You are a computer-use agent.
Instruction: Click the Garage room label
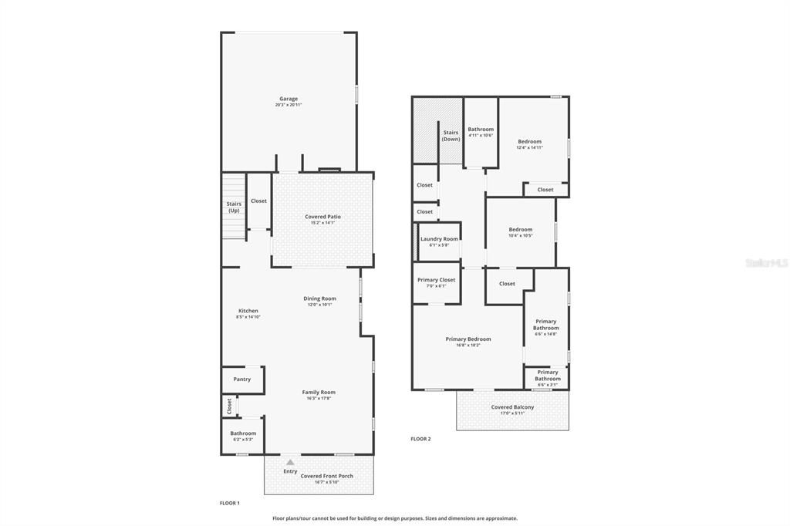coord(289,99)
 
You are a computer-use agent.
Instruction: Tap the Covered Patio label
coord(322,217)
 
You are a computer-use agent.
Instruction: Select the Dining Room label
coord(319,299)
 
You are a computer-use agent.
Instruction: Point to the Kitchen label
coord(248,312)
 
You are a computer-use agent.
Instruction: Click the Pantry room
coord(242,379)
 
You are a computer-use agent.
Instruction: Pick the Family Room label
coord(319,393)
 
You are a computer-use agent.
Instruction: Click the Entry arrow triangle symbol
coord(290,463)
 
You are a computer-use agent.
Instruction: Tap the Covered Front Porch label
coord(327,477)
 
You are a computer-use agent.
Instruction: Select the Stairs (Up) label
coord(234,207)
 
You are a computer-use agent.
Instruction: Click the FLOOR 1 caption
coord(230,503)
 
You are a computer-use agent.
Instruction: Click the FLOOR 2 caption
coord(420,439)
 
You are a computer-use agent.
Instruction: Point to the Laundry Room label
coord(439,240)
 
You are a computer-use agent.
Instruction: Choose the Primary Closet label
coord(437,281)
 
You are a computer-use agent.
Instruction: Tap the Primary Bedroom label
coord(468,339)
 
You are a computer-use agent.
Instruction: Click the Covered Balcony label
coord(512,408)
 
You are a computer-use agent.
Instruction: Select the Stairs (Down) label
coord(451,136)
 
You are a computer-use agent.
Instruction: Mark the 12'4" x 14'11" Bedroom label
coord(529,142)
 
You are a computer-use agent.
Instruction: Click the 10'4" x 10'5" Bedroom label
coord(520,230)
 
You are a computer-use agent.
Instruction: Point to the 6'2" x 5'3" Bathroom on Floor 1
coord(243,434)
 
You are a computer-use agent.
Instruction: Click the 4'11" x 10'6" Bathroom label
coord(481,130)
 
